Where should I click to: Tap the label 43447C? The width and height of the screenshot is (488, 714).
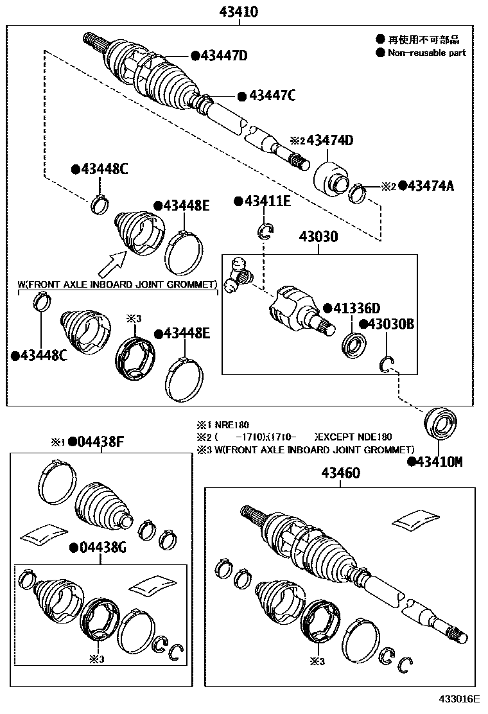pos(272,96)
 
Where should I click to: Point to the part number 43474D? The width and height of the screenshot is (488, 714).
pos(330,141)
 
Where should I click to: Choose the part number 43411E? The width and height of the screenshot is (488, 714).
pos(267,202)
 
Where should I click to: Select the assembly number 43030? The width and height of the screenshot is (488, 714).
pos(317,236)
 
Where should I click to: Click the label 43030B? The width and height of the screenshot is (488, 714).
pos(390,325)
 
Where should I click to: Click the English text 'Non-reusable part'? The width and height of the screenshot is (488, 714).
pos(426,53)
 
